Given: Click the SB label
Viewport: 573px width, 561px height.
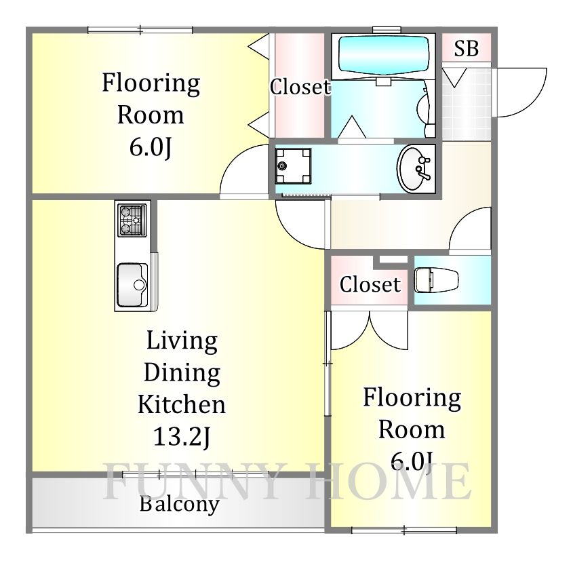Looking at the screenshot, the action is coord(467,48).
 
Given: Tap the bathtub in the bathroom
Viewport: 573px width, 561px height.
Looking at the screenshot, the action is coord(384,55).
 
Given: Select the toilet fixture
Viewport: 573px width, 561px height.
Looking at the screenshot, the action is coord(436,280).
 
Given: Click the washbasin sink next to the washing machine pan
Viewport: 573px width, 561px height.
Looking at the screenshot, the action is coord(414,168).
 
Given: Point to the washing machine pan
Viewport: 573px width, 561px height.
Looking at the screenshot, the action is coord(294,166).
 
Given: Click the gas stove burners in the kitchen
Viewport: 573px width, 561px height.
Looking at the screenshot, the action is coord(132,220).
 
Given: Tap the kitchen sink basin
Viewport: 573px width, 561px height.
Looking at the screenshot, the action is coord(132,285).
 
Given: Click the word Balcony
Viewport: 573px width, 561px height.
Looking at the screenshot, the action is coord(180,504).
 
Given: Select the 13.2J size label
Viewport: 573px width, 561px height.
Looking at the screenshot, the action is coord(182,437).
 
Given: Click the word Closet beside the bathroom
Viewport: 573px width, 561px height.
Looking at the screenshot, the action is coord(300,87).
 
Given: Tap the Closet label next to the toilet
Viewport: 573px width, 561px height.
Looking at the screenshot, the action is coord(370,285).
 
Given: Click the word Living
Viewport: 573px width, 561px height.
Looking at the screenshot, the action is coord(182,342).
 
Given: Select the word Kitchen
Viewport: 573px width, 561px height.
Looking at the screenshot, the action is coord(182,404).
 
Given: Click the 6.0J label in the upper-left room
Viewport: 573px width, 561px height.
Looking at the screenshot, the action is coord(151,147).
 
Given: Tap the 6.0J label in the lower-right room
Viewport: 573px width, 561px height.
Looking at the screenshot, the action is coord(412,461).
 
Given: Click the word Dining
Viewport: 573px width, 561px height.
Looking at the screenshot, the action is coord(182,373).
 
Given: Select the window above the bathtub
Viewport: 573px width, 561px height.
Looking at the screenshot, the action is coord(387,30).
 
